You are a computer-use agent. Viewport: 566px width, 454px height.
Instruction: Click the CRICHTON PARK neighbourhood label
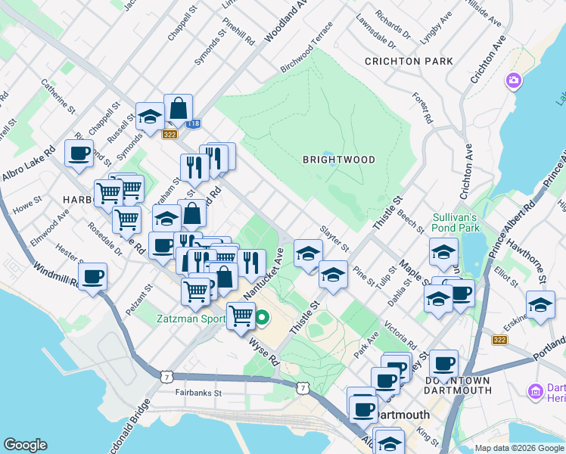click(409, 61)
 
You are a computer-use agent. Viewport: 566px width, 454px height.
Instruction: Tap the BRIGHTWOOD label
click(339, 160)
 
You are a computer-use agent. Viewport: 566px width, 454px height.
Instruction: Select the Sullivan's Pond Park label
click(456, 222)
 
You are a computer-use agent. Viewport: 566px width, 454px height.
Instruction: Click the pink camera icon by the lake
click(515, 80)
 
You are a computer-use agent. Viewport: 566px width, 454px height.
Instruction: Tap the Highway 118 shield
click(194, 123)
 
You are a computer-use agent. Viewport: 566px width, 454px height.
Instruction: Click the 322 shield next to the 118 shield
click(170, 133)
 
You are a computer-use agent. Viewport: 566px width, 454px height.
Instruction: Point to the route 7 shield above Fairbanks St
click(166, 376)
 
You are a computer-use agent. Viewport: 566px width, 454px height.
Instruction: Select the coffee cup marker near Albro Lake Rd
click(79, 154)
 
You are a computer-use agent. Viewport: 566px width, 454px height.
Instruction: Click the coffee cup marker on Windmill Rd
click(92, 276)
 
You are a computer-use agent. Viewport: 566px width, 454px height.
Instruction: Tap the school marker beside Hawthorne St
click(540, 306)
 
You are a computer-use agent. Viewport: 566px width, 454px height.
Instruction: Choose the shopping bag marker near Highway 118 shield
click(179, 109)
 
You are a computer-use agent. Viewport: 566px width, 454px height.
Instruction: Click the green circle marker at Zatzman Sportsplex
click(262, 318)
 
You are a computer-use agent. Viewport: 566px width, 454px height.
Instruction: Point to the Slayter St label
click(334, 238)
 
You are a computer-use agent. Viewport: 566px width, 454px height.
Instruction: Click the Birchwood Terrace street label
click(306, 52)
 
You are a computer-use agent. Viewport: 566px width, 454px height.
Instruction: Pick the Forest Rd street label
click(422, 108)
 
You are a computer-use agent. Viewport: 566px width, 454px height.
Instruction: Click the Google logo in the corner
click(25, 445)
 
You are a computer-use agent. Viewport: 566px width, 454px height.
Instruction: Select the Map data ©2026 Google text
click(518, 448)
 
